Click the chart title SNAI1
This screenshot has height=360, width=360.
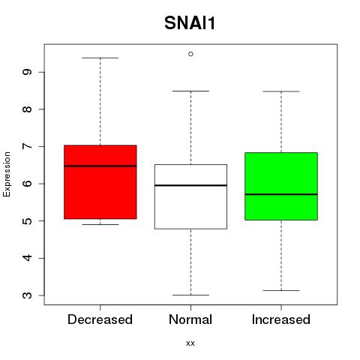[x=190, y=23]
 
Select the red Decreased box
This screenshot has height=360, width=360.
[x=100, y=182]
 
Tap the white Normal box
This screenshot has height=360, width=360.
[x=190, y=196]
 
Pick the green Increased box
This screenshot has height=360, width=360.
[x=281, y=186]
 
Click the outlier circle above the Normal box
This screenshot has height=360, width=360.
[x=190, y=54]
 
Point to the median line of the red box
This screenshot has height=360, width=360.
[x=100, y=166]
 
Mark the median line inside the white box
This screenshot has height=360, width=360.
[x=190, y=185]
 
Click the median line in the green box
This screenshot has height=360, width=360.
[x=281, y=194]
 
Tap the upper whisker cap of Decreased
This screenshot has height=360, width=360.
[x=100, y=58]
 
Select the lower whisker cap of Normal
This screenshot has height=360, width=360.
[x=190, y=295]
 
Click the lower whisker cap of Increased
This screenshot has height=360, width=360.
[x=281, y=290]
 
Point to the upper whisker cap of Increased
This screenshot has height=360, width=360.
[x=281, y=91]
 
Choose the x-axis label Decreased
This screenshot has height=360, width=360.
[x=100, y=319]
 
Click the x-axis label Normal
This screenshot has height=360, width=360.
[x=190, y=319]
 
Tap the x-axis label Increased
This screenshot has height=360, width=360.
[x=281, y=319]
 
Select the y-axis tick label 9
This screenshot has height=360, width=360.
[x=27, y=72]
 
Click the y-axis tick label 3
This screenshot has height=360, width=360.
[x=27, y=295]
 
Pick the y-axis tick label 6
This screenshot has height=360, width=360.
[x=27, y=184]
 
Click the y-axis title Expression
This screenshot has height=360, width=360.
[x=7, y=174]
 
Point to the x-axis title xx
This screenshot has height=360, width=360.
[x=190, y=343]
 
